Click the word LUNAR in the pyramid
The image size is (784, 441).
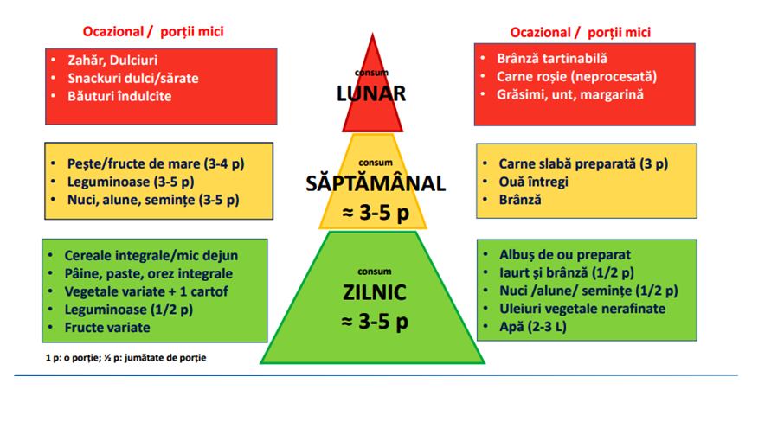point(371,93)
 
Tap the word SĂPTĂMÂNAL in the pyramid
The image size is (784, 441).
point(376,183)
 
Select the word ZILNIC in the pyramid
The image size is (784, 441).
point(375,292)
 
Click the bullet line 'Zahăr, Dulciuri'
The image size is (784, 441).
point(112,61)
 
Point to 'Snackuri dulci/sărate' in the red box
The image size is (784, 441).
point(133,79)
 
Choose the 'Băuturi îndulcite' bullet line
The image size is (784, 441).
point(119,96)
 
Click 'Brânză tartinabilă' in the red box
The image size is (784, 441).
point(552,59)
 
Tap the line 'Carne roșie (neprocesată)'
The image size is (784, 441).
point(576,77)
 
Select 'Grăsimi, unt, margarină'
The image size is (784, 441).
point(570,95)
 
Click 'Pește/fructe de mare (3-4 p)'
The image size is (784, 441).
point(156,163)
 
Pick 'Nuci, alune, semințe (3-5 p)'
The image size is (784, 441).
point(153,200)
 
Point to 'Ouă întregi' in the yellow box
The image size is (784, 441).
point(534,182)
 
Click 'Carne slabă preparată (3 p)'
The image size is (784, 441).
point(583,163)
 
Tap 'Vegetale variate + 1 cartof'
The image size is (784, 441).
point(146,291)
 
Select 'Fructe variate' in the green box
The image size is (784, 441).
point(107,328)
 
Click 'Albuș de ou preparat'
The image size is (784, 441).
point(565,255)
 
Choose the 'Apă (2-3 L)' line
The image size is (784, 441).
point(533,327)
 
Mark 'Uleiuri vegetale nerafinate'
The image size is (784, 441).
point(582,309)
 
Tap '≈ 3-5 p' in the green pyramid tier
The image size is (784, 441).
point(375,321)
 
